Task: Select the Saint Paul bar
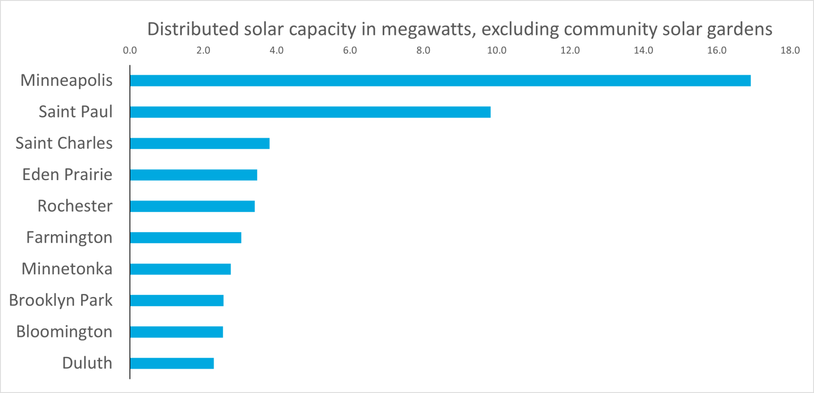pos(310,112)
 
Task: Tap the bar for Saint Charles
pos(199,144)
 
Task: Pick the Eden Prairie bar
pos(193,175)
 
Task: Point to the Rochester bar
pos(192,206)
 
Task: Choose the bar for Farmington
pos(185,237)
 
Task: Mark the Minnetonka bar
pos(180,269)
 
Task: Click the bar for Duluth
pos(172,363)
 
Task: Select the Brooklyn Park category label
pos(61,300)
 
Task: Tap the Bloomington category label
pos(64,332)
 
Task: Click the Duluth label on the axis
pos(87,363)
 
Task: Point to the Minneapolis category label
pos(66,81)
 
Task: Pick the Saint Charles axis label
pos(64,144)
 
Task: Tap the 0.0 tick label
pos(129,51)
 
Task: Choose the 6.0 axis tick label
pos(350,51)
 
